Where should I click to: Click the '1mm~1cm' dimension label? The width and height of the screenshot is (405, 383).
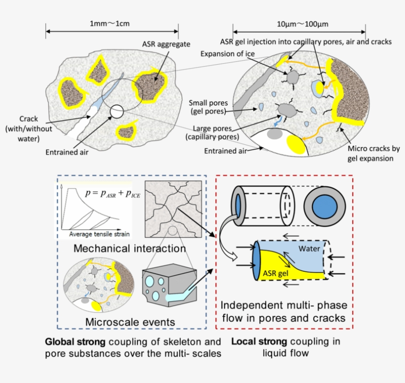(x=110, y=23)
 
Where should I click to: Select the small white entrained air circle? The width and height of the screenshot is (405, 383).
(x=117, y=112)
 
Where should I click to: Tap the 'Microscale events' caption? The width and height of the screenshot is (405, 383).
(x=130, y=322)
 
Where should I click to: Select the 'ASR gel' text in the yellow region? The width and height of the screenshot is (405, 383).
(x=276, y=273)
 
